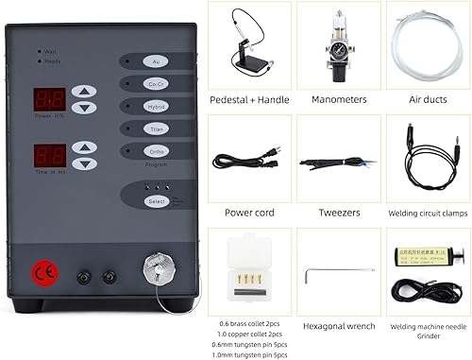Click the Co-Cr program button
(151, 82)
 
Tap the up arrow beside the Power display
(84, 93)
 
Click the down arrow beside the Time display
(84, 163)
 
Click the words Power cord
(250, 213)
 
